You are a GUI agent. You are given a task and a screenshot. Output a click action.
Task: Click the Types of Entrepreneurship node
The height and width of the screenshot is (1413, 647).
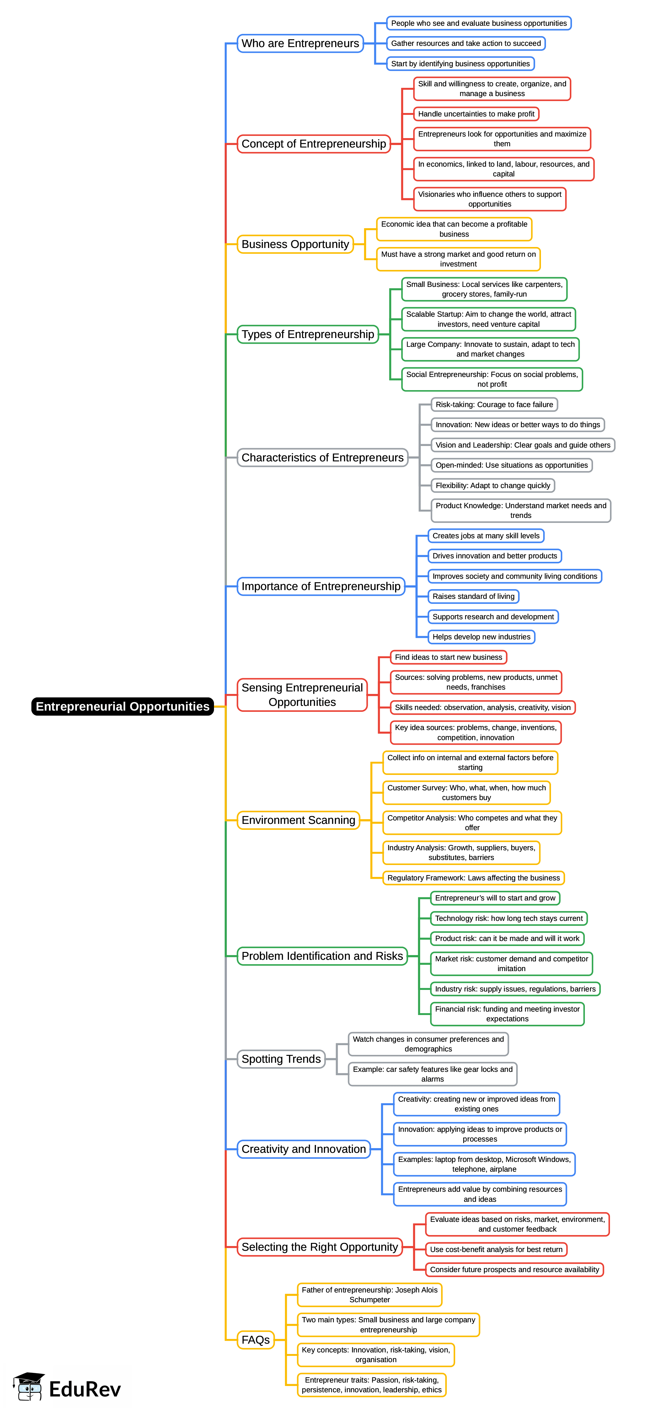pos(307,334)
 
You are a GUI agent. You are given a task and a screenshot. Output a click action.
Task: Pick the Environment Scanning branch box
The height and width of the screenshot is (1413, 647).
pos(298,820)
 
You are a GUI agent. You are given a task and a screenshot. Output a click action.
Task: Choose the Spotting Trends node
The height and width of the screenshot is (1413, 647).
pos(281,1059)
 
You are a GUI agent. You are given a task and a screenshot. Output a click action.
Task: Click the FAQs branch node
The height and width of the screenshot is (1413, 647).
pos(255,1340)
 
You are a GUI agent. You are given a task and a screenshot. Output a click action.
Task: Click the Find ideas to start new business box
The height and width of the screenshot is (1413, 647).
pos(448,657)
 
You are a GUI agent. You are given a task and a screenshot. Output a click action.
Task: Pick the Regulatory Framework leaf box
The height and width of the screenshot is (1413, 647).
pos(473,878)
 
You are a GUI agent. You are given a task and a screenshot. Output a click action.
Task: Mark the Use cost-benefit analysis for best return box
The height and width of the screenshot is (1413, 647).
pos(496,1249)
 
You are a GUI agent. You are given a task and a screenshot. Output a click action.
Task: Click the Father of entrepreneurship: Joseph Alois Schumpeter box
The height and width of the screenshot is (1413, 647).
pos(370,1295)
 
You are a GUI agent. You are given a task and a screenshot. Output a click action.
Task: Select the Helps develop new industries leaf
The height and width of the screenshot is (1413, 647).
pos(481,637)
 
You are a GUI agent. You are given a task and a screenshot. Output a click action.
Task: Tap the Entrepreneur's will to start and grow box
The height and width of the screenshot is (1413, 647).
pos(495,898)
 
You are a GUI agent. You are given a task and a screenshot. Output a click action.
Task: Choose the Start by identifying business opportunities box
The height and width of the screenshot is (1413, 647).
pos(460,64)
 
